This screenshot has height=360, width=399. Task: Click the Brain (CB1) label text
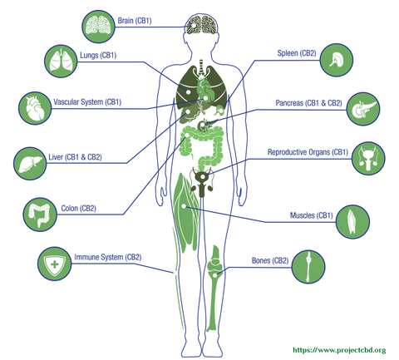[135, 21]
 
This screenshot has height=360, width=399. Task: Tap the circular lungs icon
[61, 61]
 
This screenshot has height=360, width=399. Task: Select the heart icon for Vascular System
[35, 108]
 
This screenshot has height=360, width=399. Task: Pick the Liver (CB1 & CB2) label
[75, 157]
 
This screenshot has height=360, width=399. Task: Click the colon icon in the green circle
[40, 215]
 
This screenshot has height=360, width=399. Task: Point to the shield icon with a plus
[55, 264]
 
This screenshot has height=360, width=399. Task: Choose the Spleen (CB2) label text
[297, 53]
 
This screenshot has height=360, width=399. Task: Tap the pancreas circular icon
[363, 109]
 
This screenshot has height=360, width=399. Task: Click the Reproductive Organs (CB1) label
[308, 152]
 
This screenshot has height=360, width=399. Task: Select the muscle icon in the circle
[352, 222]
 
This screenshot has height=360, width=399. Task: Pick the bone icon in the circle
[308, 267]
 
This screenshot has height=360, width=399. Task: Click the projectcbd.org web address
[339, 350]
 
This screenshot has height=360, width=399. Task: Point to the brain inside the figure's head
[202, 25]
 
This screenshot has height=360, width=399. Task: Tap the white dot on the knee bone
[215, 275]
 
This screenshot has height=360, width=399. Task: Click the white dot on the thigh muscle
[184, 206]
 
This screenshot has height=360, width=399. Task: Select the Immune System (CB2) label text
[108, 257]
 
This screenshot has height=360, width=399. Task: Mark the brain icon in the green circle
[98, 27]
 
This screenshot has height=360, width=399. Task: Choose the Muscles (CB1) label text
[312, 215]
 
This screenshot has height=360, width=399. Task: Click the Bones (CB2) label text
[270, 260]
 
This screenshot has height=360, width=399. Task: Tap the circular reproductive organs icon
[368, 159]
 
